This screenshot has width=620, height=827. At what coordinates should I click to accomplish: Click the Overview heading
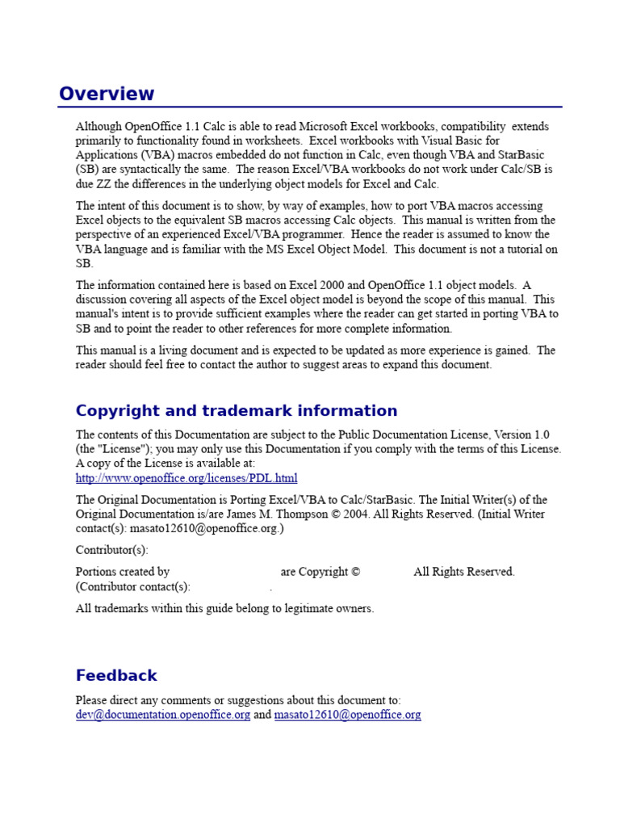pos(107,94)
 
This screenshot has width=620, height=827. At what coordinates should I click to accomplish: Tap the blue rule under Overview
pos(310,107)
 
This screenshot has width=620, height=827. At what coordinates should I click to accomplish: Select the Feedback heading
pos(116,675)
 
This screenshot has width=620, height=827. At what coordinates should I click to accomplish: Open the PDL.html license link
pos(186,478)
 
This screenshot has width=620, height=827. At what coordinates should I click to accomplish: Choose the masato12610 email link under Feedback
pos(348,715)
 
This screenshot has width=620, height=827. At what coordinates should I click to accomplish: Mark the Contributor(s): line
pos(112,550)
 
